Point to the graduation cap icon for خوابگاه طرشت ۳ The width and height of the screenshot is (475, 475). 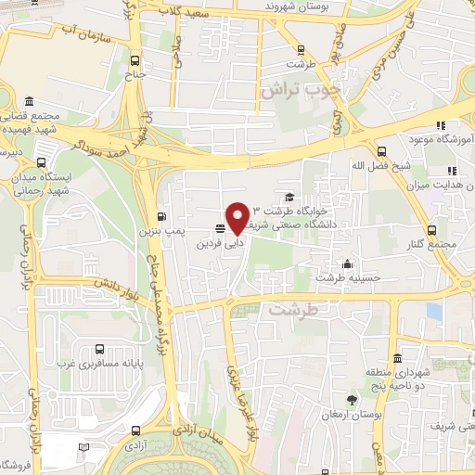(290, 197)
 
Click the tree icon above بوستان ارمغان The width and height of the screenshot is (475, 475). (352, 400)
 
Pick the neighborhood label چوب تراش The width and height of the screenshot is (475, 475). (302, 91)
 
